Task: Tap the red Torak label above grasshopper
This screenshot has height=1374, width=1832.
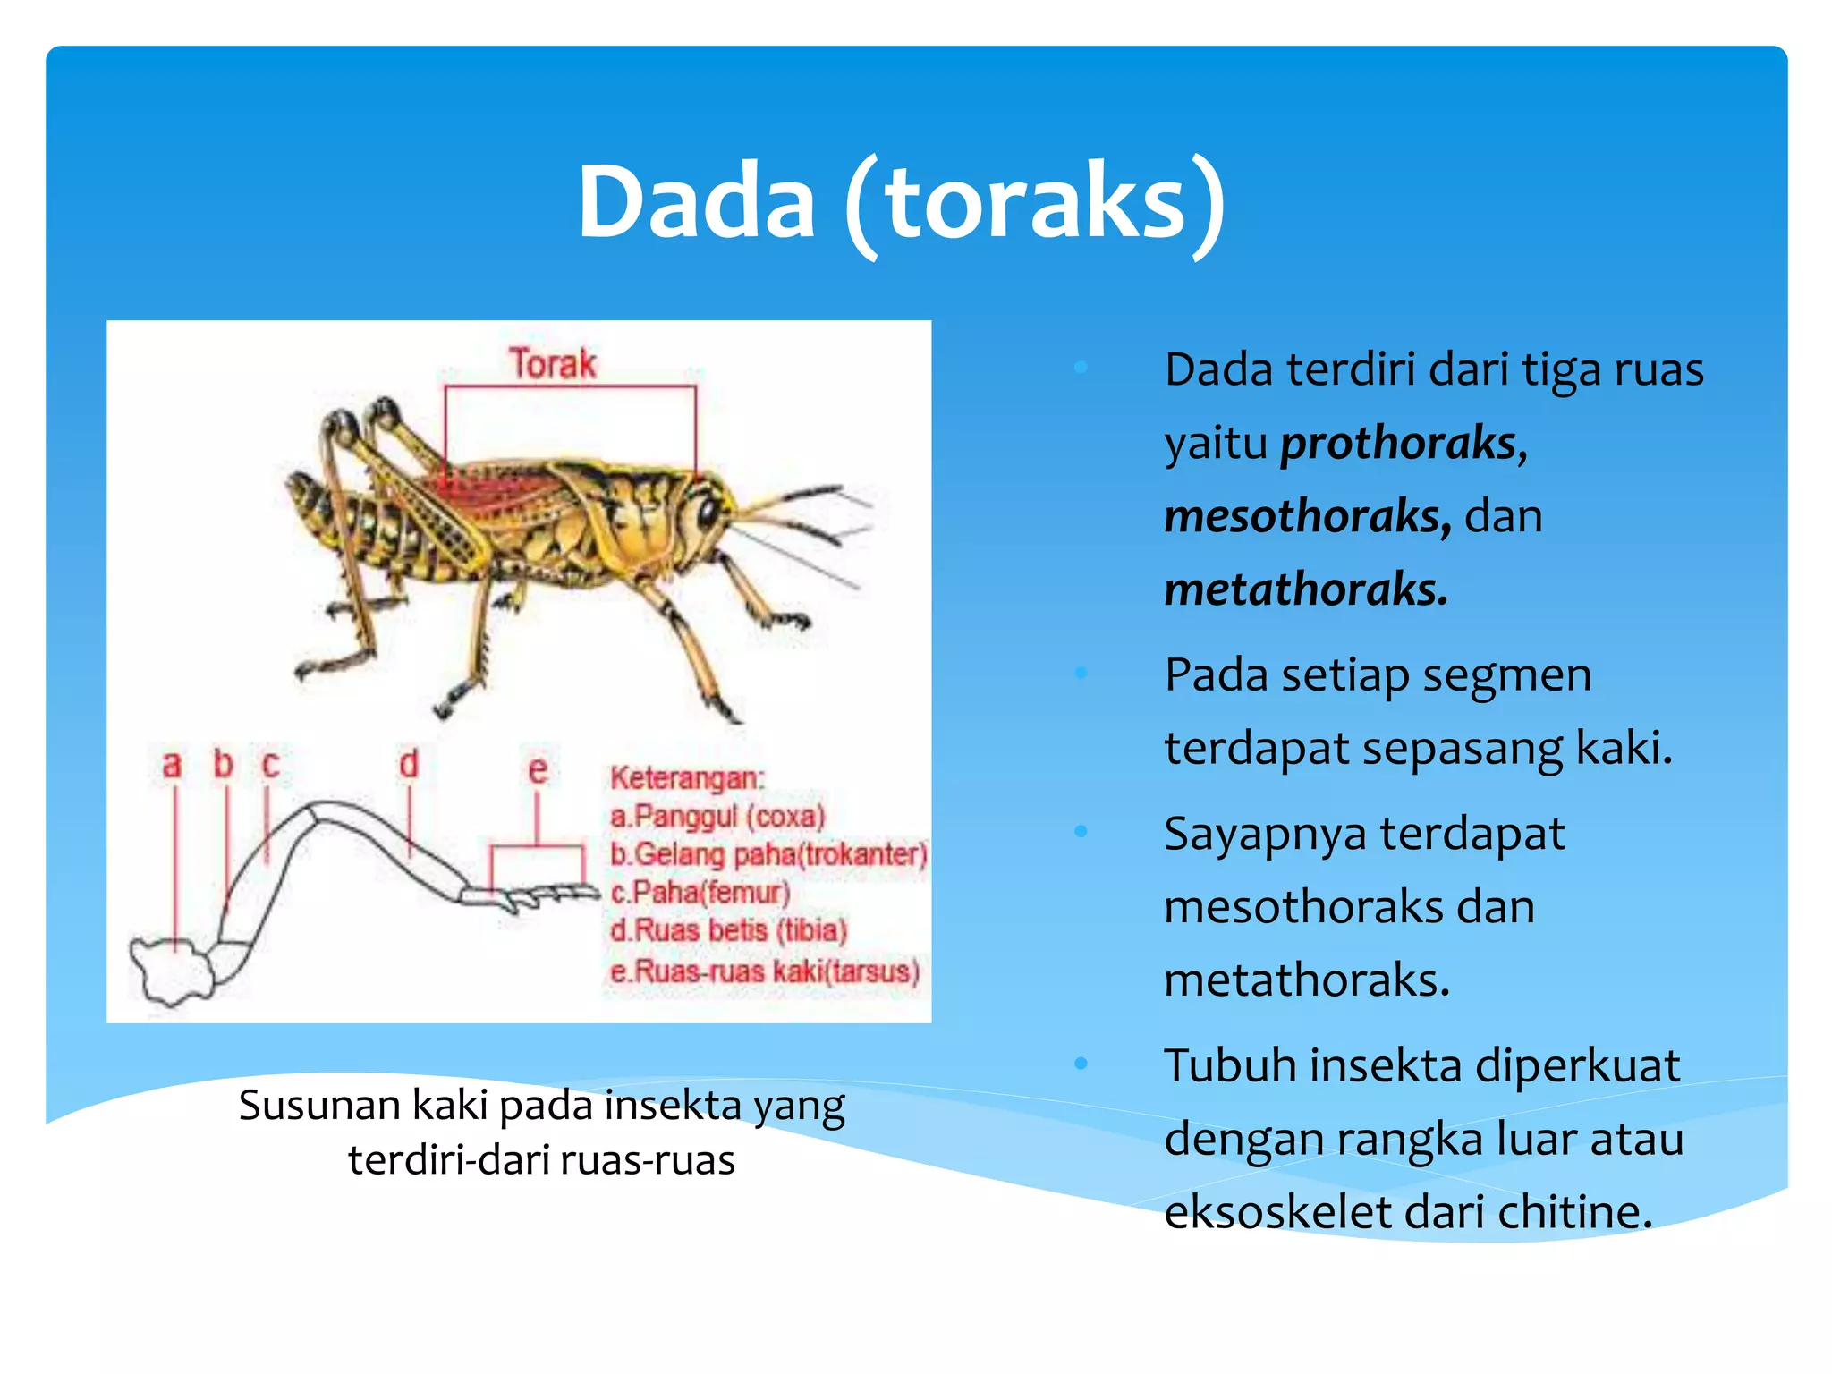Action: point(552,364)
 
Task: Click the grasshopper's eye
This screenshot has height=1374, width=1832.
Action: point(708,513)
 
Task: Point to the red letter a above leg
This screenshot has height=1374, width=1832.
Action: point(172,766)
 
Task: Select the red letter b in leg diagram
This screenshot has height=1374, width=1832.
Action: point(223,765)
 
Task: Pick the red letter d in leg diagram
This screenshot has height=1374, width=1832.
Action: point(408,765)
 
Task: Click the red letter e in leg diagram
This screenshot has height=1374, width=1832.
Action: point(537,769)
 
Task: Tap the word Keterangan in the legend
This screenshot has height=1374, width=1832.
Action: point(686,778)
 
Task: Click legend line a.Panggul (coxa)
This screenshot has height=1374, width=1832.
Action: point(717,817)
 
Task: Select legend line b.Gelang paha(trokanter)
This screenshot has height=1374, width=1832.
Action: point(768,855)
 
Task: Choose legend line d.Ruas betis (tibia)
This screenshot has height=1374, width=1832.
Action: point(728,931)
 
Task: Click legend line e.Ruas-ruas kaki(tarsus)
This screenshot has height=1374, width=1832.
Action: point(765,971)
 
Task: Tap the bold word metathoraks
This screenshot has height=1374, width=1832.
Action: point(1305,590)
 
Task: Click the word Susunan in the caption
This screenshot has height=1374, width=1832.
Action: point(318,1106)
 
